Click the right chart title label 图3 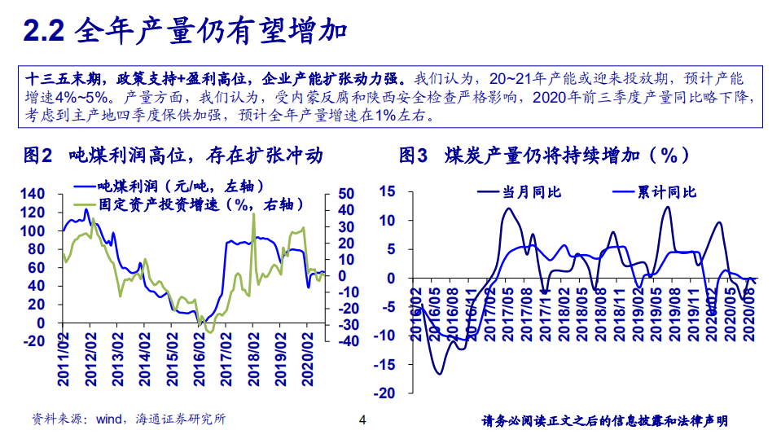tap(412, 155)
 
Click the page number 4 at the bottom tap(363, 420)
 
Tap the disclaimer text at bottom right tap(604, 421)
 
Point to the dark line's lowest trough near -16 tap(439, 373)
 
